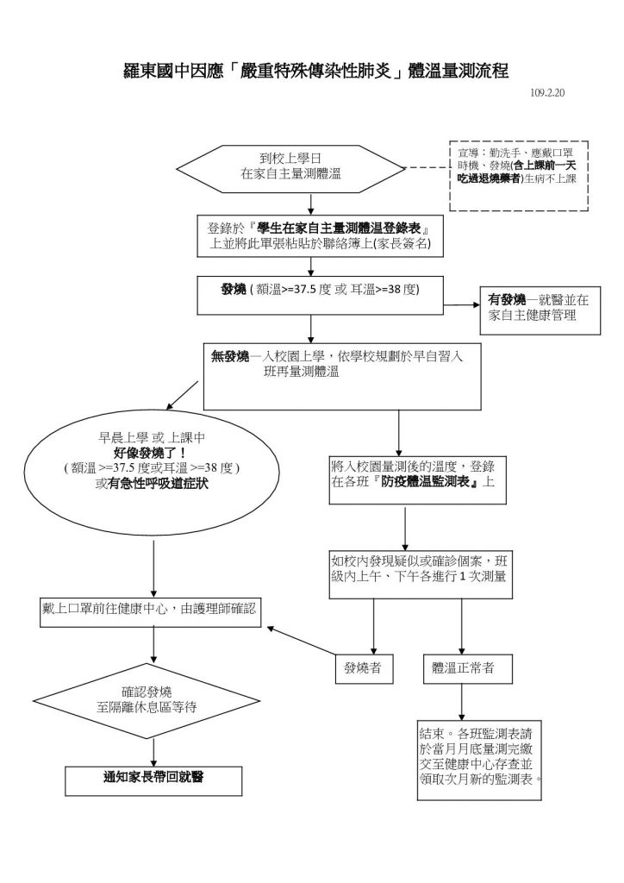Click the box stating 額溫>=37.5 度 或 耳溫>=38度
(321, 291)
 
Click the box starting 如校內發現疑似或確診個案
(417, 571)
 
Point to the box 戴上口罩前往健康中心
(151, 608)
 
